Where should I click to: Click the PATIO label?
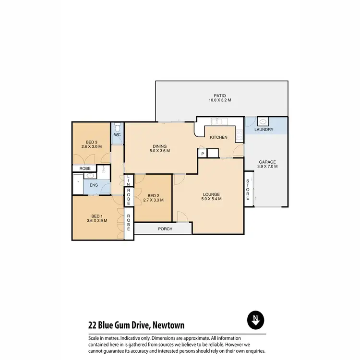(220, 96)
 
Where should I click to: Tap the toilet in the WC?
(117, 128)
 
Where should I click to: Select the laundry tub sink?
(264, 122)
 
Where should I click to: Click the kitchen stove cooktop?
(239, 135)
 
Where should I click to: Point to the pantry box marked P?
(203, 154)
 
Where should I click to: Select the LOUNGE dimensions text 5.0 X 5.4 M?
(211, 199)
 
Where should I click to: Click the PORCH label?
(165, 229)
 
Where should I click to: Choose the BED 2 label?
(153, 195)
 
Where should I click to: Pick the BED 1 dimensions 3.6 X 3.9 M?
(97, 221)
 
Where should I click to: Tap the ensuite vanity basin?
(91, 176)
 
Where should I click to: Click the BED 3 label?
(92, 142)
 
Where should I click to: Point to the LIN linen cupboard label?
(128, 180)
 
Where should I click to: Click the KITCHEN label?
(218, 138)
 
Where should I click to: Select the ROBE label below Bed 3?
(85, 168)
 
